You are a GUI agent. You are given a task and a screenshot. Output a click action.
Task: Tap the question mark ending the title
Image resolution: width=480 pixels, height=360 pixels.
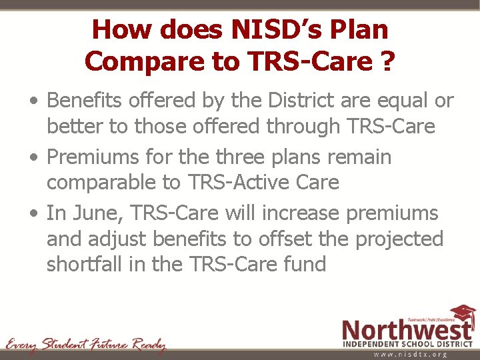[x=386, y=61]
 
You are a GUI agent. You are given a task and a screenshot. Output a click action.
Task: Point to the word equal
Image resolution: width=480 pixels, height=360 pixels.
[x=395, y=101]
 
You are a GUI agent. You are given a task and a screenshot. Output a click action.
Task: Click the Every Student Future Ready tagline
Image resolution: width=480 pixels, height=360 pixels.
[x=85, y=345]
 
